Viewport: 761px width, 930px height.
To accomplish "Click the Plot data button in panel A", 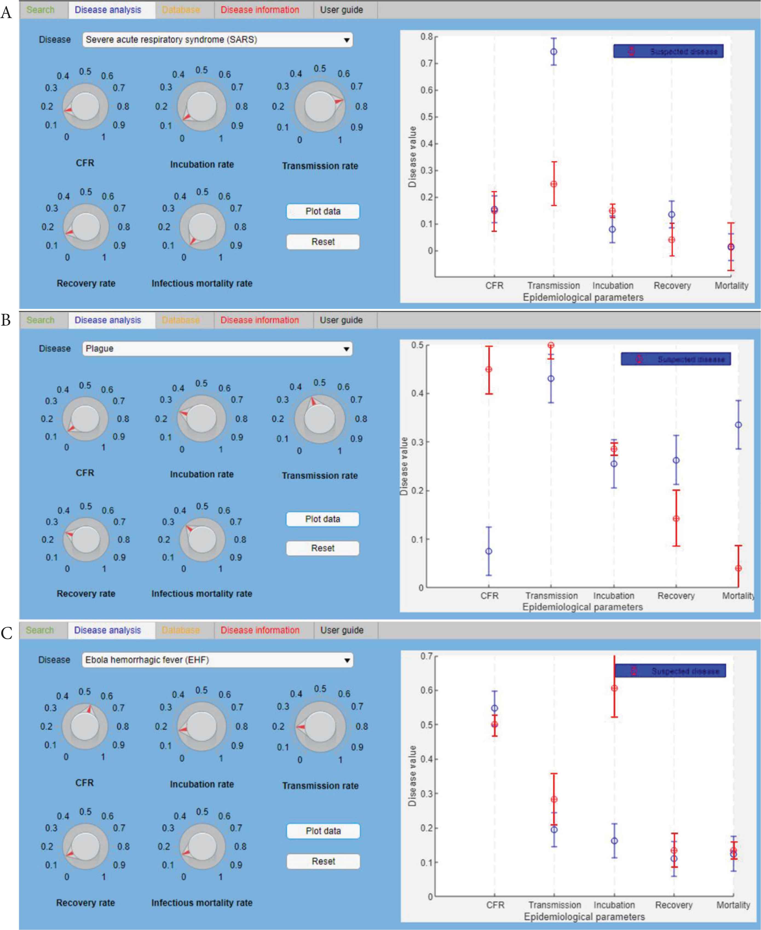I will pyautogui.click(x=323, y=211).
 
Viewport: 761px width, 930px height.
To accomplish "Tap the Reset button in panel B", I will pyautogui.click(x=323, y=548).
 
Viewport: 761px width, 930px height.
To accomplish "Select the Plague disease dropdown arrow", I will pyautogui.click(x=346, y=349).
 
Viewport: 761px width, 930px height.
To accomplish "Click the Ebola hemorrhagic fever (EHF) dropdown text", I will pyautogui.click(x=147, y=660).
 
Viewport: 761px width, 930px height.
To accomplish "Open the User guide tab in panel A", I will pyautogui.click(x=341, y=10).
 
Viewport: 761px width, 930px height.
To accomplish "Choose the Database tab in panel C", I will pyautogui.click(x=181, y=630).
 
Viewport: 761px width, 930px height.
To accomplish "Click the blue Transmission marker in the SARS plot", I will pyautogui.click(x=554, y=52).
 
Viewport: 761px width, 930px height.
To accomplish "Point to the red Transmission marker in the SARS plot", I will pyautogui.click(x=554, y=184).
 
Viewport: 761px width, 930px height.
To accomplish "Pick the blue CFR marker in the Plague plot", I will pyautogui.click(x=489, y=551).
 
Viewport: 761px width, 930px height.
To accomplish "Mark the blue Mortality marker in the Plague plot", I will pyautogui.click(x=738, y=425).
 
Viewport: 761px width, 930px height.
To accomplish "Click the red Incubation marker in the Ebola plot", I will pyautogui.click(x=614, y=688).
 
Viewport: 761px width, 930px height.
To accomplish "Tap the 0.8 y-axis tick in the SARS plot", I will pyautogui.click(x=426, y=37).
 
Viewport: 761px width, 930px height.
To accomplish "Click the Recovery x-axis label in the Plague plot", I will pyautogui.click(x=676, y=595).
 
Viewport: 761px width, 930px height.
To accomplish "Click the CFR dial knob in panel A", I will pyautogui.click(x=85, y=106).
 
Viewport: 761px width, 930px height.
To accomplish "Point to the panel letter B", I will pyautogui.click(x=6, y=320).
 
